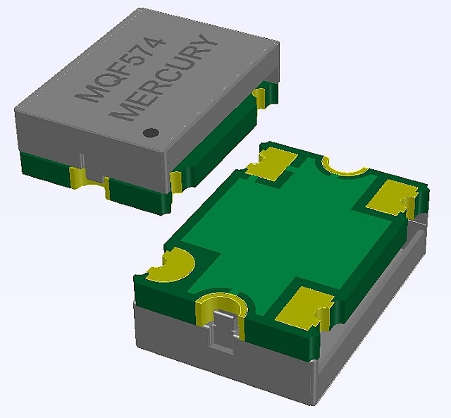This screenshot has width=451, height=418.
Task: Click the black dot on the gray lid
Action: [x=149, y=132]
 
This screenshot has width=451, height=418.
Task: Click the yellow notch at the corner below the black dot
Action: [x=175, y=181]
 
